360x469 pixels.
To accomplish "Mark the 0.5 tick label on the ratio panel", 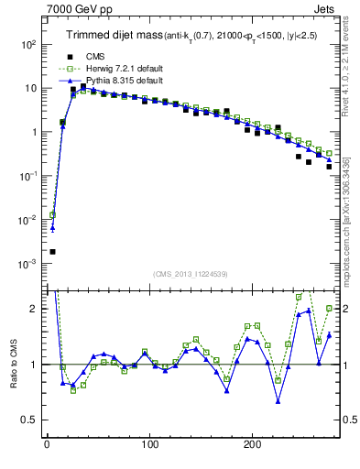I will coord(30,420).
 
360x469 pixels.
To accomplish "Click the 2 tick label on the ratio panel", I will coord(36,309).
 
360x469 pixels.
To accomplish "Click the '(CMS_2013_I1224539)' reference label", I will coord(191,273).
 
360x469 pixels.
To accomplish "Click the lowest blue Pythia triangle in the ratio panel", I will coord(278,400).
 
